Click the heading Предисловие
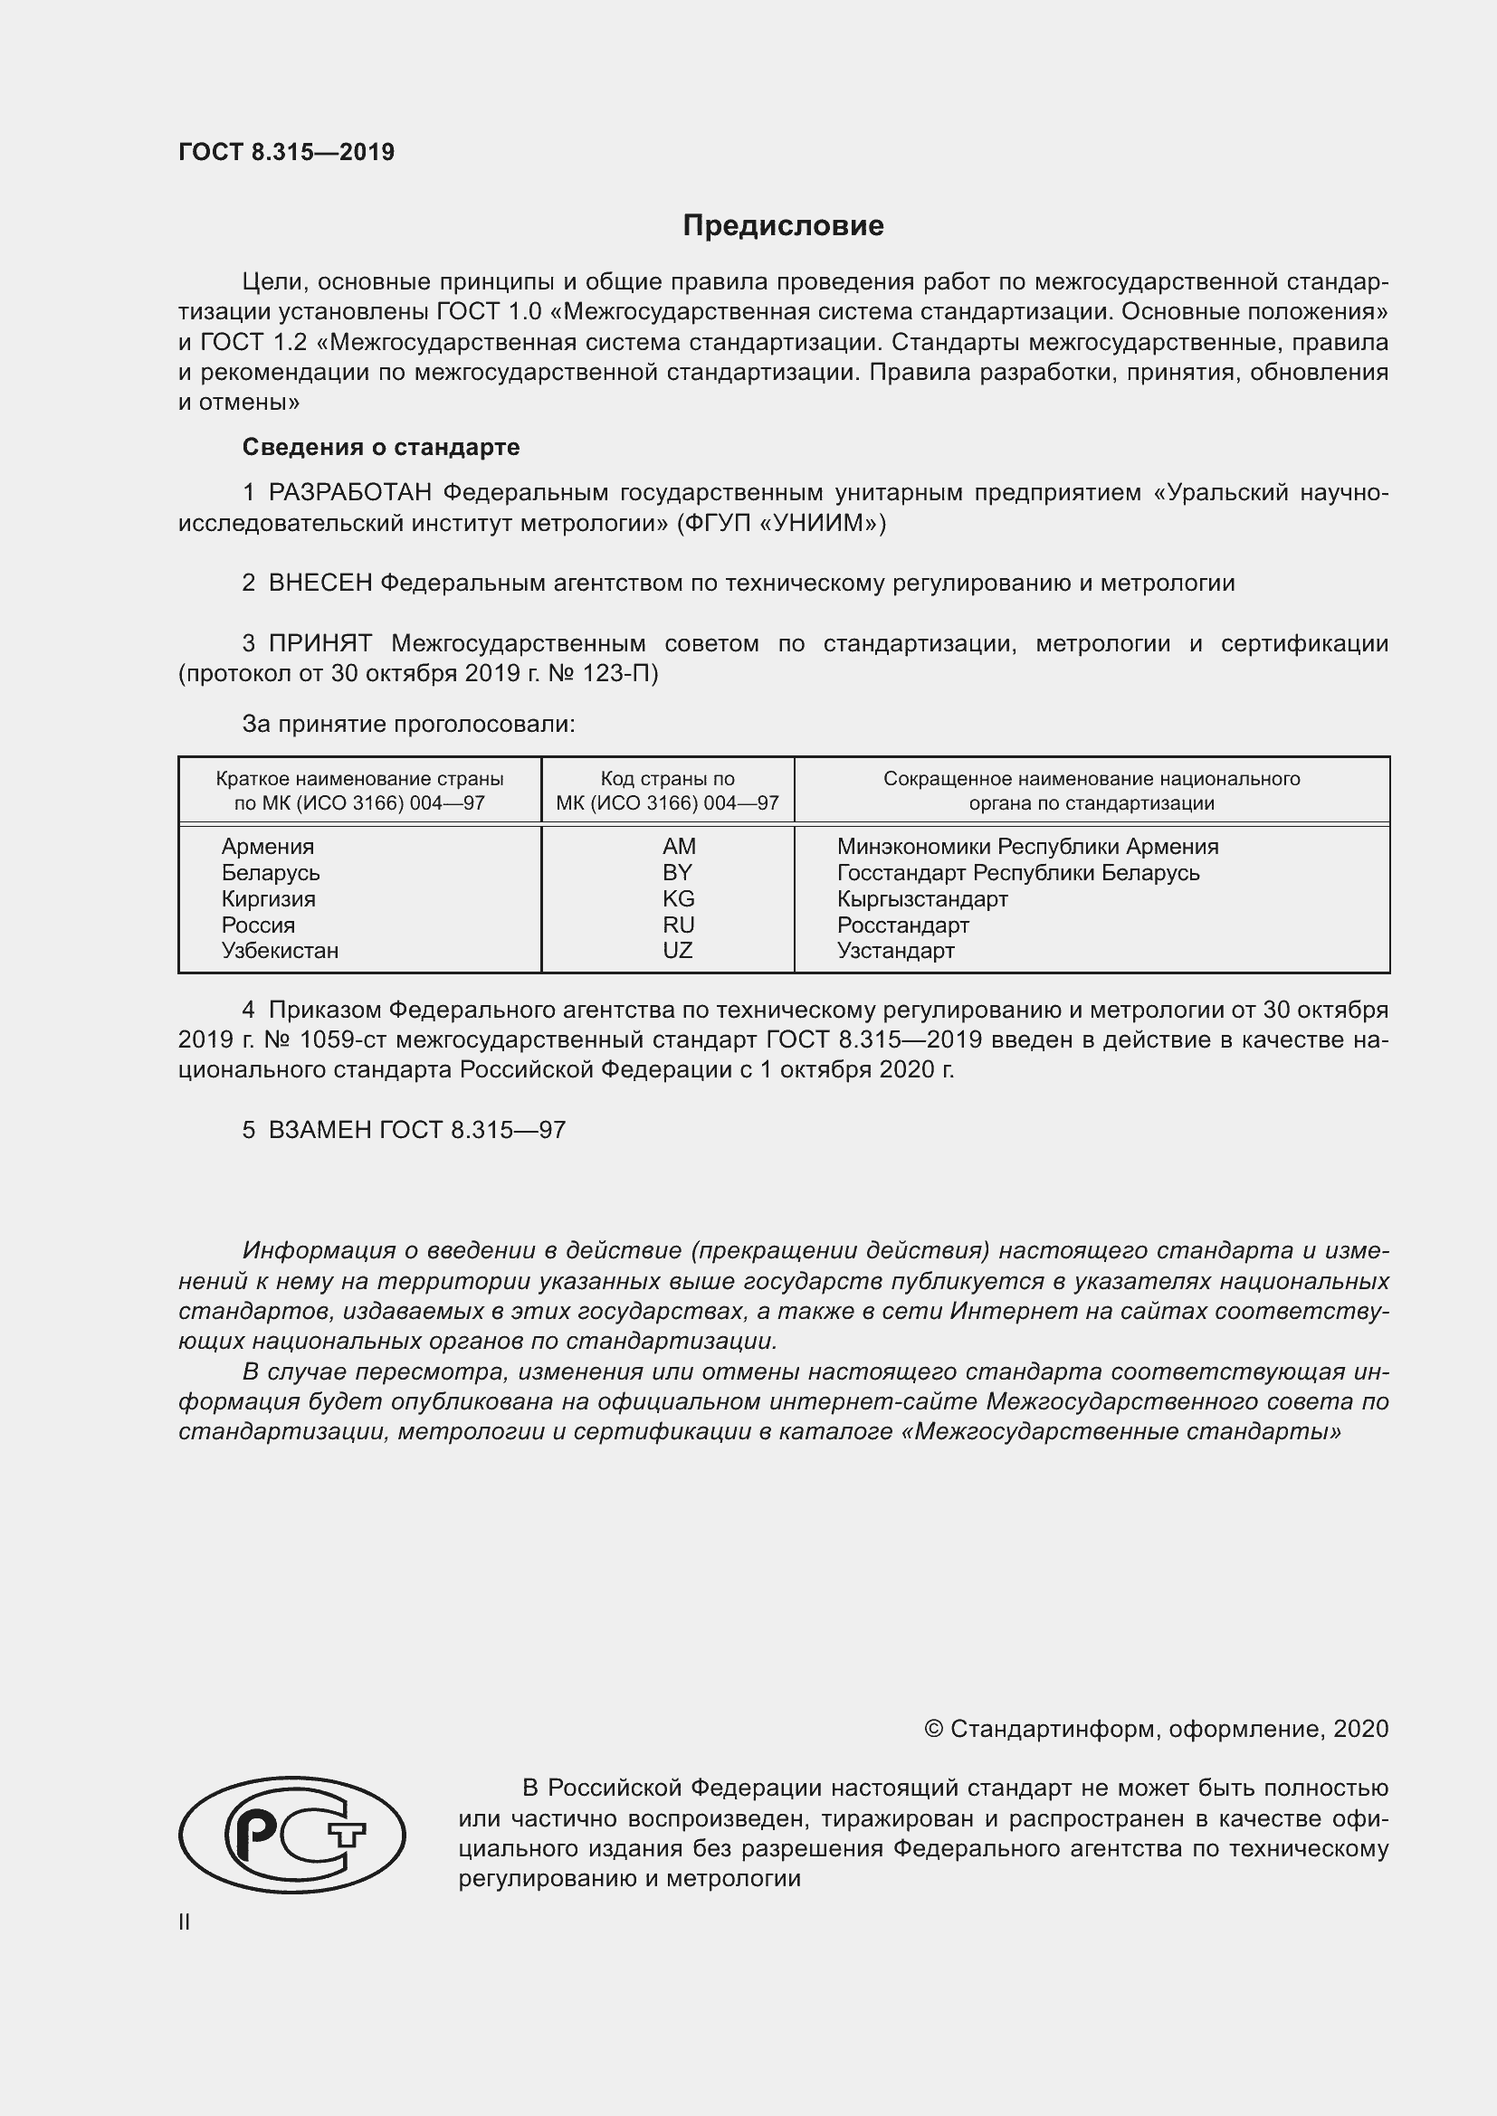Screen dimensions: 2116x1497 (x=783, y=226)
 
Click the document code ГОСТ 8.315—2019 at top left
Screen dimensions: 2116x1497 (x=286, y=152)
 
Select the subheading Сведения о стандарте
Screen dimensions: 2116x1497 (x=381, y=447)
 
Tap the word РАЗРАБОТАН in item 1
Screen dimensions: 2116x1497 (x=349, y=493)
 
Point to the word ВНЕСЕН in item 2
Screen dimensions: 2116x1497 (x=319, y=584)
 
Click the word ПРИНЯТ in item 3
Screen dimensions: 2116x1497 (x=319, y=643)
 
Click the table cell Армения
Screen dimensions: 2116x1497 (x=267, y=846)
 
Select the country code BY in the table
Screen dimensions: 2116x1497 (x=677, y=872)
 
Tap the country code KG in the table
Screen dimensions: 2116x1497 (x=678, y=898)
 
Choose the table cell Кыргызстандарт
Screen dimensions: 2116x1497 (x=921, y=898)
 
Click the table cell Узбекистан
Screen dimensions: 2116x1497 (x=280, y=950)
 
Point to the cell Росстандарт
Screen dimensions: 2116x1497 (x=902, y=925)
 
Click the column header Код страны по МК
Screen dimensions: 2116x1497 (x=667, y=790)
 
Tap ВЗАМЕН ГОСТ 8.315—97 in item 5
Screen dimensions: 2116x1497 (x=416, y=1130)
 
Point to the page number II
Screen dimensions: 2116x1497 (x=185, y=1921)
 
